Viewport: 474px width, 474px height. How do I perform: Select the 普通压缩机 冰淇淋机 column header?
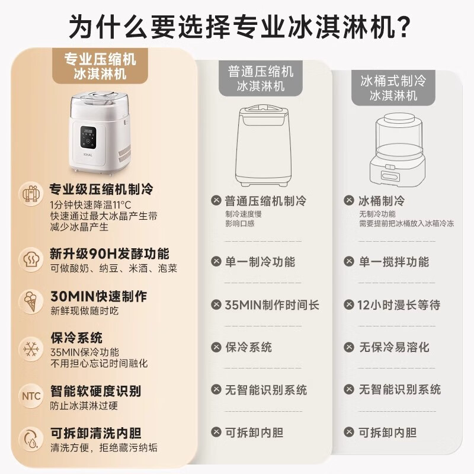tap(261, 78)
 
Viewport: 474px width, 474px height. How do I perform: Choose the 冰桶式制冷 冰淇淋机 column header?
tap(393, 87)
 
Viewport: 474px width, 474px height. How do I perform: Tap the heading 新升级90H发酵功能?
tap(109, 254)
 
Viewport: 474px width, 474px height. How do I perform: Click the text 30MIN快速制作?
tap(98, 296)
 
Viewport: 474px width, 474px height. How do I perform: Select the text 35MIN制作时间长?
tap(272, 305)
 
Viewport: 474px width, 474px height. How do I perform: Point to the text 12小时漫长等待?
tap(398, 305)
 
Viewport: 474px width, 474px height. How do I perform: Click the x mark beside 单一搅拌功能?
tap(349, 261)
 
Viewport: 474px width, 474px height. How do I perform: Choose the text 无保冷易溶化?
tap(394, 347)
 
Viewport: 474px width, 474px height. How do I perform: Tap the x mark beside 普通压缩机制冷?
tap(216, 201)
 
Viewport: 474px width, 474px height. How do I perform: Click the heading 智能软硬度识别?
tap(95, 391)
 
